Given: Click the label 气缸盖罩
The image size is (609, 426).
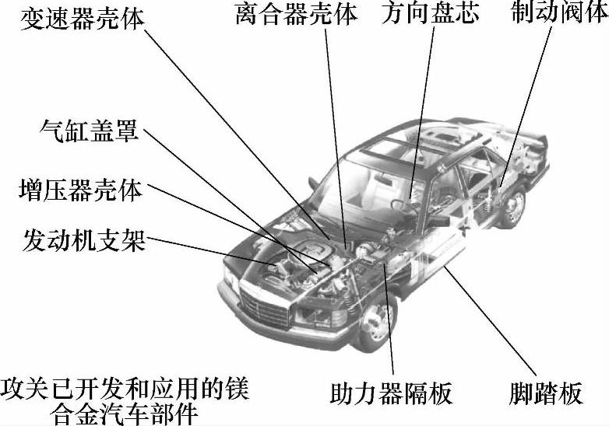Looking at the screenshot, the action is [x=89, y=131].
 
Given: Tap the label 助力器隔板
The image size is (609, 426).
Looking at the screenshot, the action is [x=391, y=393].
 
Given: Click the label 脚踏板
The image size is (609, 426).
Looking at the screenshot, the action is [x=547, y=393].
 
